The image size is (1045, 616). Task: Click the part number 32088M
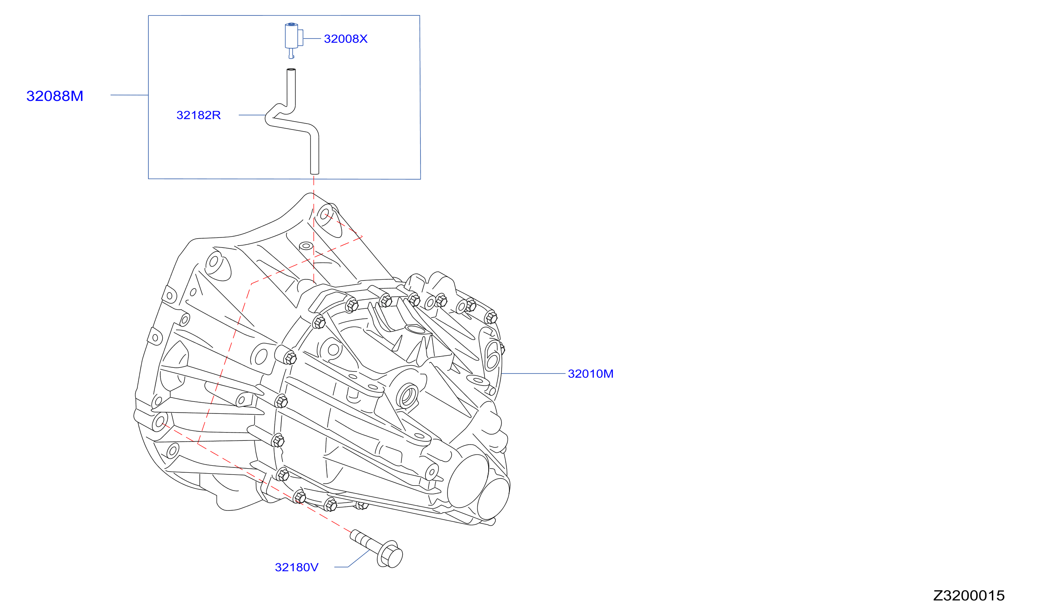[55, 96]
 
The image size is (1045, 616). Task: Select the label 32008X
[345, 39]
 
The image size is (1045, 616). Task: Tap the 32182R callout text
[198, 115]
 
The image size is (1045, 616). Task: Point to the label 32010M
[590, 374]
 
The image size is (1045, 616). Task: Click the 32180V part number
[296, 567]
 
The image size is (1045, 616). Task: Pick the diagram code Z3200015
[969, 595]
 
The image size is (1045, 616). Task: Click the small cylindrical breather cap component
[294, 37]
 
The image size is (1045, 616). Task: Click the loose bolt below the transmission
[376, 548]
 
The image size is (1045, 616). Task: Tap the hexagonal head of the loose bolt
[390, 555]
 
